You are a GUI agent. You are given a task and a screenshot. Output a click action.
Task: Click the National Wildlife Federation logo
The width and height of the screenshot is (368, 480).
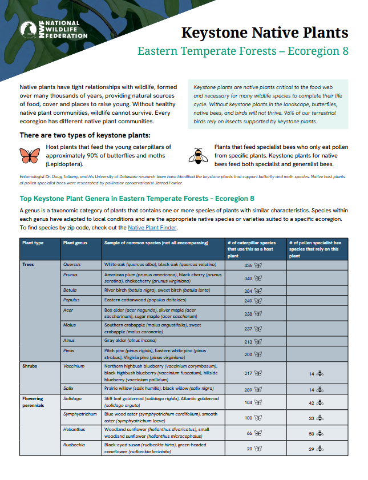pyautogui.click(x=54, y=30)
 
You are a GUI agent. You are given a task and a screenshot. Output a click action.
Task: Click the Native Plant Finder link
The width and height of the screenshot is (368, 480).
pyautogui.click(x=152, y=227)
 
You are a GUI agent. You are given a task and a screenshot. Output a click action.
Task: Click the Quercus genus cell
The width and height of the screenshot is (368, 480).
pyautogui.click(x=72, y=265)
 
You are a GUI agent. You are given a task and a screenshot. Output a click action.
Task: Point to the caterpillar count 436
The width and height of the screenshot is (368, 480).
pyautogui.click(x=248, y=266)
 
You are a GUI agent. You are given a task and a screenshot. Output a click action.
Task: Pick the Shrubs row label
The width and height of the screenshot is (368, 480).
pyautogui.click(x=29, y=366)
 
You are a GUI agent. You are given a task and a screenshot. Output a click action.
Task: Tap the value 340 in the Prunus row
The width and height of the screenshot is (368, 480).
pyautogui.click(x=248, y=279)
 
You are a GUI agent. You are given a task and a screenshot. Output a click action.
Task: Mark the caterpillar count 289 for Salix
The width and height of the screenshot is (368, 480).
pyautogui.click(x=248, y=390)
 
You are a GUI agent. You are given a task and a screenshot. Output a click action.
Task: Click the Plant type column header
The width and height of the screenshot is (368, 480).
pyautogui.click(x=33, y=243)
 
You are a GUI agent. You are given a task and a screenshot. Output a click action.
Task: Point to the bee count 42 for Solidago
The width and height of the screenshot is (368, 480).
pyautogui.click(x=312, y=403)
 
